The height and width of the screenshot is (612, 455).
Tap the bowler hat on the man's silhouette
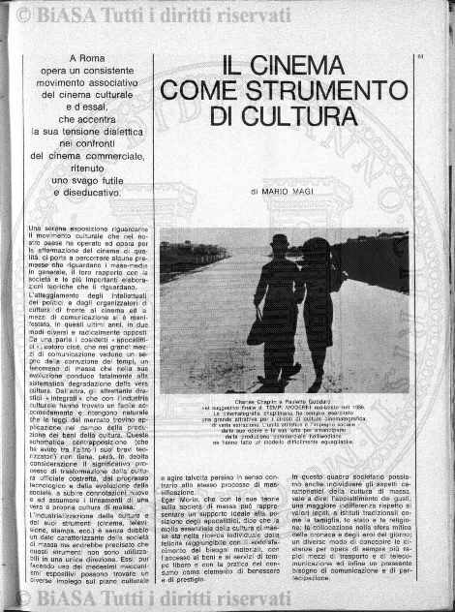(280, 241)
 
